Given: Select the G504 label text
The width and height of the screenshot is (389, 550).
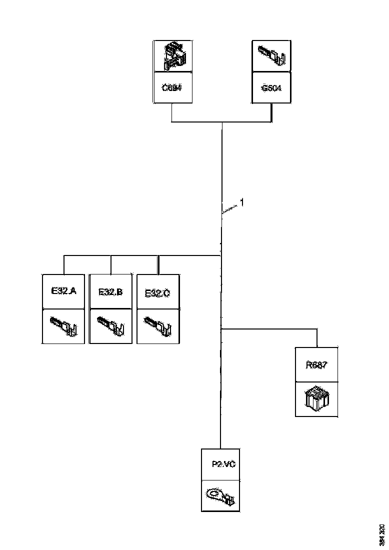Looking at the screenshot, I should pyautogui.click(x=271, y=88).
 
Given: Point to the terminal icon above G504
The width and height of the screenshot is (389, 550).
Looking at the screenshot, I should pyautogui.click(x=271, y=56).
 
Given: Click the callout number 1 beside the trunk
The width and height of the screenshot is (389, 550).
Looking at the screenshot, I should pyautogui.click(x=242, y=202).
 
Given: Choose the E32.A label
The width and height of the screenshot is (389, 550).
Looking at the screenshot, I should pyautogui.click(x=63, y=290).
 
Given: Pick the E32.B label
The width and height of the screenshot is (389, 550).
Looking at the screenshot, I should pyautogui.click(x=110, y=291).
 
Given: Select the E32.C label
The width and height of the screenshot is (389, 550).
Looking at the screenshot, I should pyautogui.click(x=157, y=293).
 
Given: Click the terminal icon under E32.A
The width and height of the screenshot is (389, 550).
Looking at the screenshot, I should pyautogui.click(x=63, y=326).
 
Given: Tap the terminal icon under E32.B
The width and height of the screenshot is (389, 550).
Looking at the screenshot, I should pyautogui.click(x=110, y=326).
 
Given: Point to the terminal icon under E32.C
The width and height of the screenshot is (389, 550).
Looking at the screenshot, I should pyautogui.click(x=157, y=326).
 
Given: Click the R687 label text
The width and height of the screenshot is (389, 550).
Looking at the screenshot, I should pyautogui.click(x=316, y=364).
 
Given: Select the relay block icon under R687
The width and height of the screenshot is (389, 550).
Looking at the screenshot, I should pyautogui.click(x=316, y=398).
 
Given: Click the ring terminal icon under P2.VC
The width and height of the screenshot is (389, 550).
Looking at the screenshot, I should pyautogui.click(x=220, y=496).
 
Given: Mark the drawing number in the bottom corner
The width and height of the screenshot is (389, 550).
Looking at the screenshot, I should pyautogui.click(x=382, y=534).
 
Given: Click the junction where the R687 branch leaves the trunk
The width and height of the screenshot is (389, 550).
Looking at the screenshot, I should pyautogui.click(x=221, y=329).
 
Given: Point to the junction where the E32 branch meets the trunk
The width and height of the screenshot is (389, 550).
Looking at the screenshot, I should pyautogui.click(x=221, y=255).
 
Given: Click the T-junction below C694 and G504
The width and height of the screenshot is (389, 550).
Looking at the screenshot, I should pyautogui.click(x=221, y=121).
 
